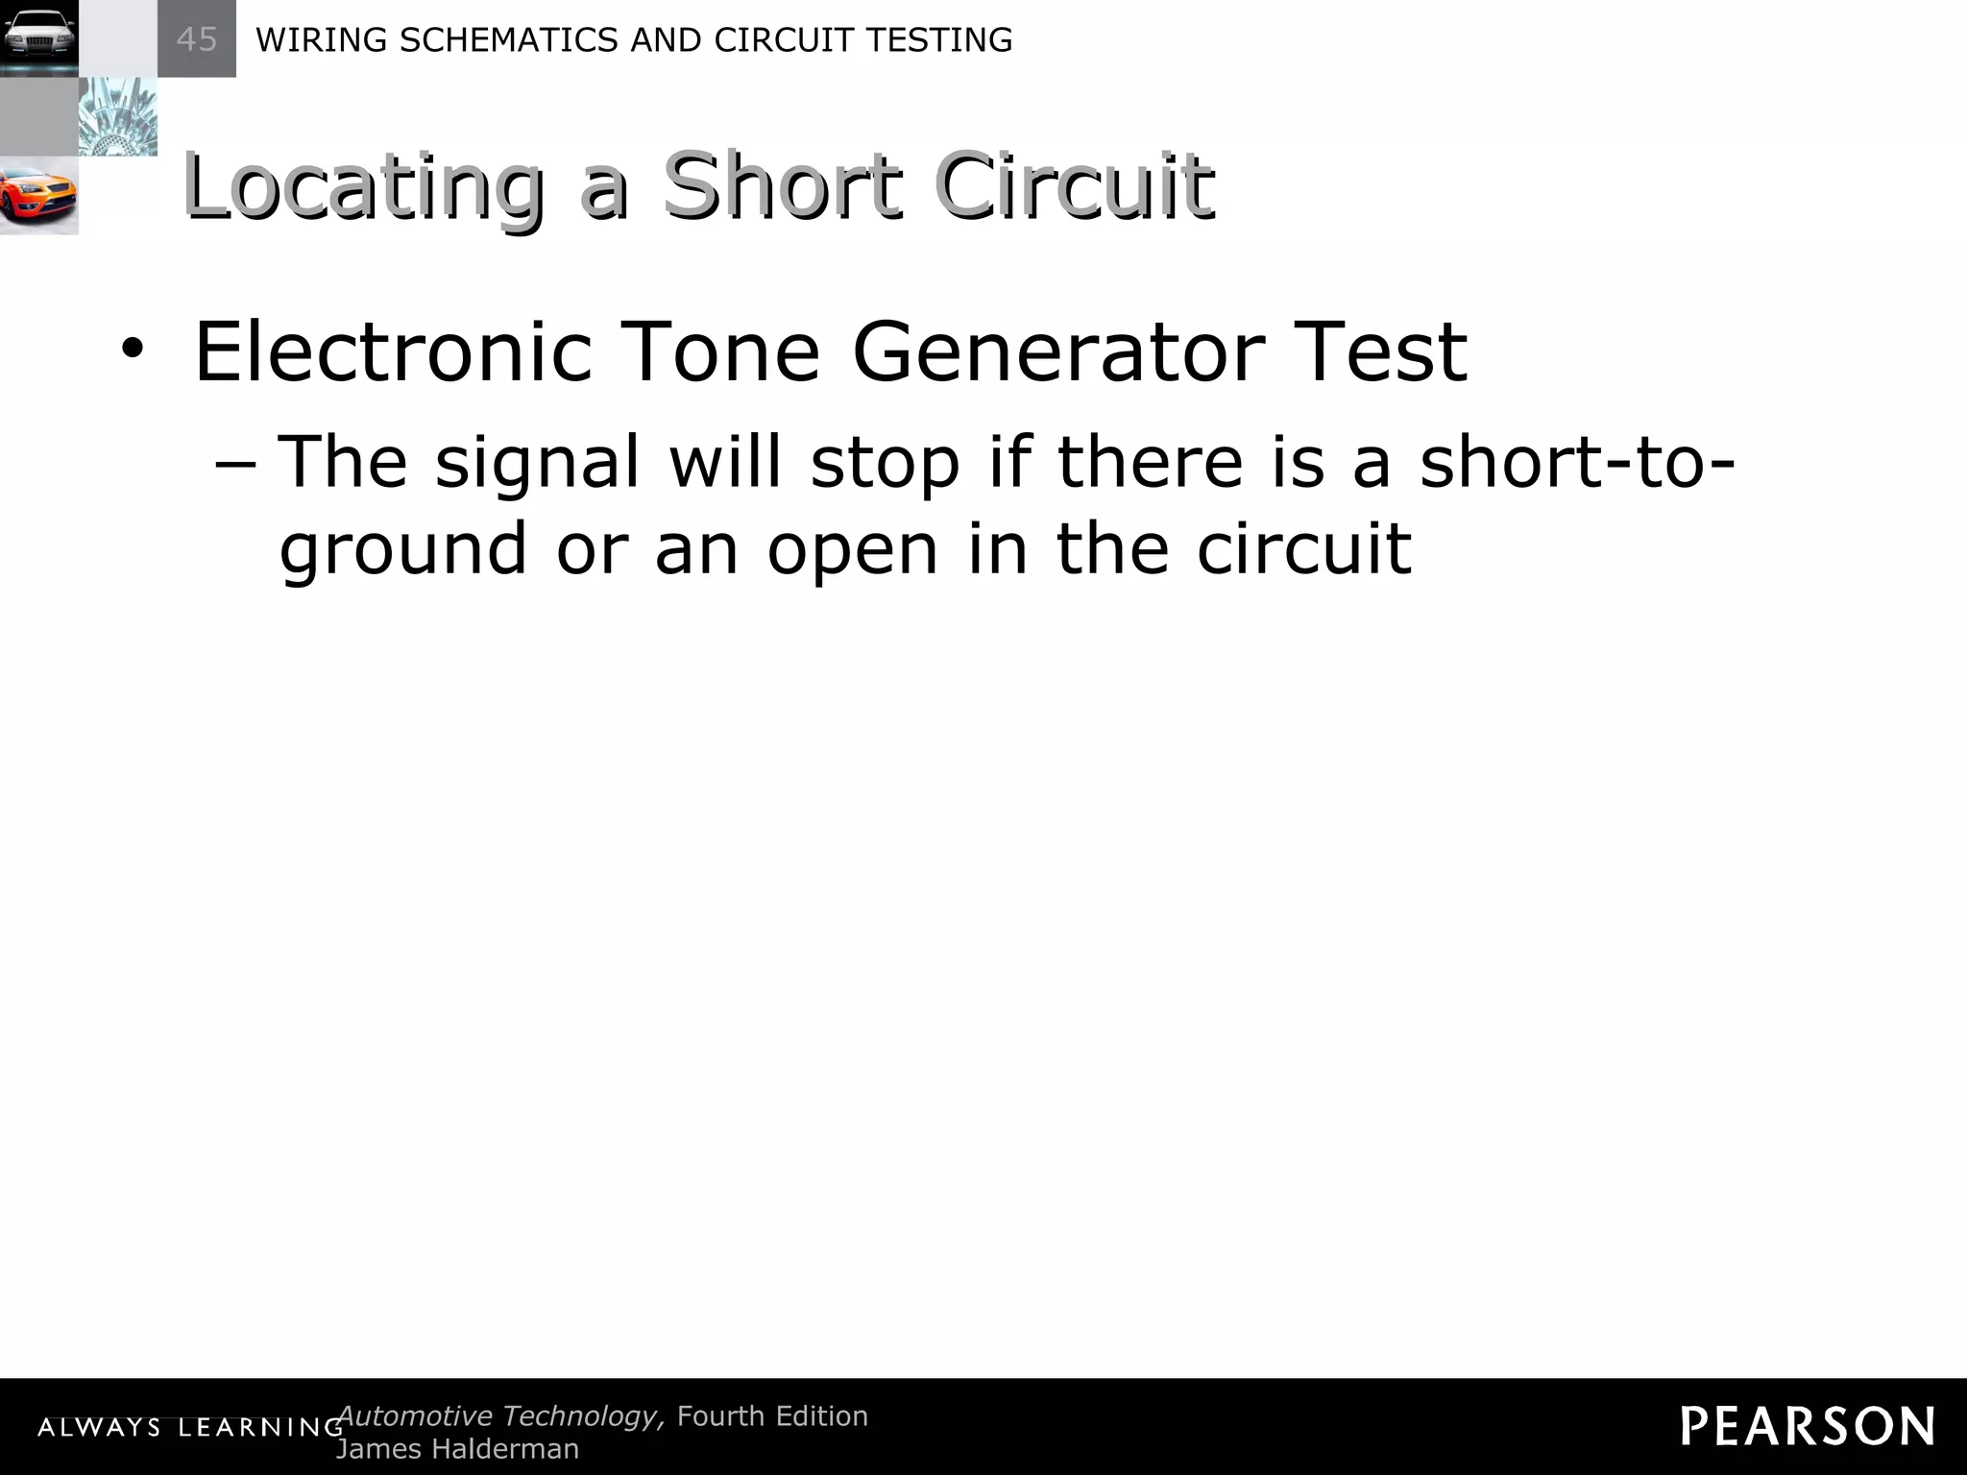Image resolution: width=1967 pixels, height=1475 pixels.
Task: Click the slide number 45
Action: coord(197,39)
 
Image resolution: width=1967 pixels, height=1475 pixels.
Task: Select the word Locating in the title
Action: coord(363,186)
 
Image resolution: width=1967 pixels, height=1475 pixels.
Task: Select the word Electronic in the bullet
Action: coord(392,351)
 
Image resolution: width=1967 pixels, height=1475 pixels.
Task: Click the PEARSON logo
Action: coord(1808,1426)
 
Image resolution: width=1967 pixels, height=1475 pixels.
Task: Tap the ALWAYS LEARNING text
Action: coord(190,1428)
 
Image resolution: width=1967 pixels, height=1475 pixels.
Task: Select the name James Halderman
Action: coord(457,1449)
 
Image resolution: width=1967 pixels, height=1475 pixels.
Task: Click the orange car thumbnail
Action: coord(38,196)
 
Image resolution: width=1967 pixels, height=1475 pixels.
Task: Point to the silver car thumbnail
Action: coord(38,38)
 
